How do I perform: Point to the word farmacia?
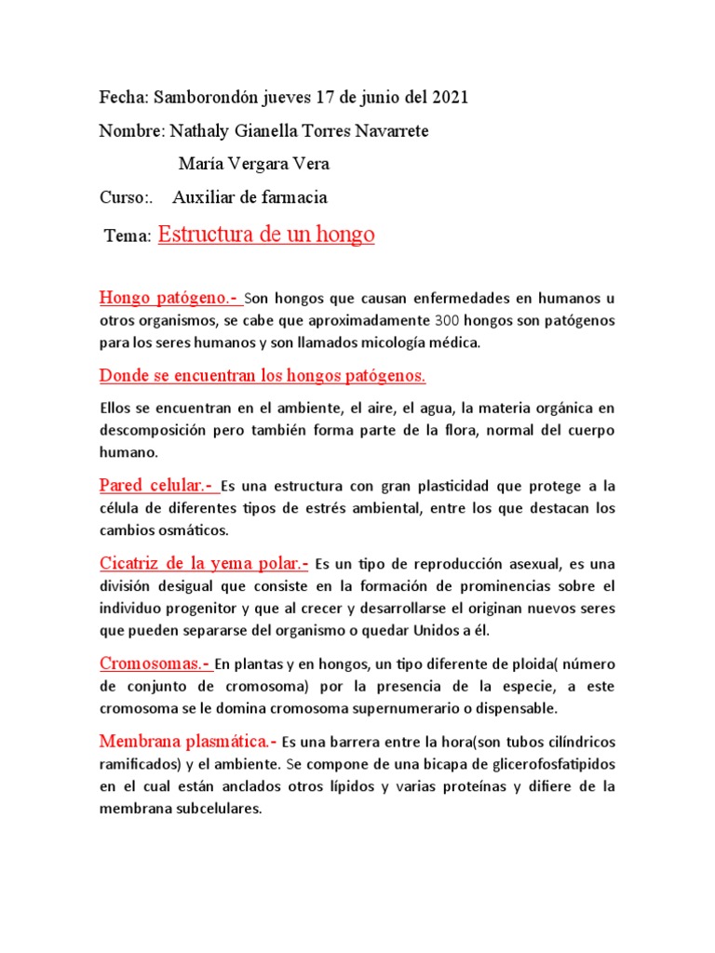click(x=294, y=198)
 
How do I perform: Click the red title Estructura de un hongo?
click(x=266, y=235)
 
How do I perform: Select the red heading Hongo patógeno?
click(x=169, y=298)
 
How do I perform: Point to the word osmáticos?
click(x=189, y=530)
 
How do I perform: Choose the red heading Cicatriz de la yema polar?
click(x=202, y=563)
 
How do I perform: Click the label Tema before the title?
click(x=127, y=238)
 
